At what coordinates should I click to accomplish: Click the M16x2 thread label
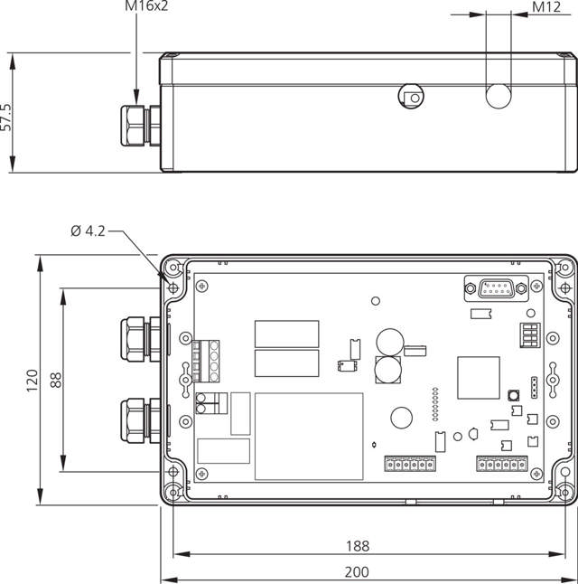pos(146,6)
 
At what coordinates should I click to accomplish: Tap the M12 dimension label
pos(546,7)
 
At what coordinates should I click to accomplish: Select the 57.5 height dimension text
pos(6,117)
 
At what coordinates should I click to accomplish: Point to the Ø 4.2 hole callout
pos(88,231)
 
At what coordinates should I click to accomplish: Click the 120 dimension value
pos(32,381)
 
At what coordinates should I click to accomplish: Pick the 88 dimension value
pos(56,380)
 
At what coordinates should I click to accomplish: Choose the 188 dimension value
pos(358,546)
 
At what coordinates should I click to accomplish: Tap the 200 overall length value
pos(357,572)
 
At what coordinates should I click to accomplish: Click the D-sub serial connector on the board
pos(496,288)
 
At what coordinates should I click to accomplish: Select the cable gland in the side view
pos(141,126)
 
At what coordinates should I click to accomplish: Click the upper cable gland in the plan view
pos(140,339)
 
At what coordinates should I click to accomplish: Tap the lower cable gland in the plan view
pos(140,420)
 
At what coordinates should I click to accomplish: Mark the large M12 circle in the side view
pos(499,96)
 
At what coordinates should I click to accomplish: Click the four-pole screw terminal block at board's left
pos(205,361)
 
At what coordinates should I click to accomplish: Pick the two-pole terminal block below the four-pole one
pos(211,403)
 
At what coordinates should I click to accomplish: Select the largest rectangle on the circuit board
pos(309,436)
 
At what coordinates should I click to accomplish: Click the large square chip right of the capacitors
pos(479,378)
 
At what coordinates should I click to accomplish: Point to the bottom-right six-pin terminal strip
pos(502,464)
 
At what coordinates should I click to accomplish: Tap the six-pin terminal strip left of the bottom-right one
pos(410,464)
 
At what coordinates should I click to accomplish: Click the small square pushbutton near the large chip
pos(514,395)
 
